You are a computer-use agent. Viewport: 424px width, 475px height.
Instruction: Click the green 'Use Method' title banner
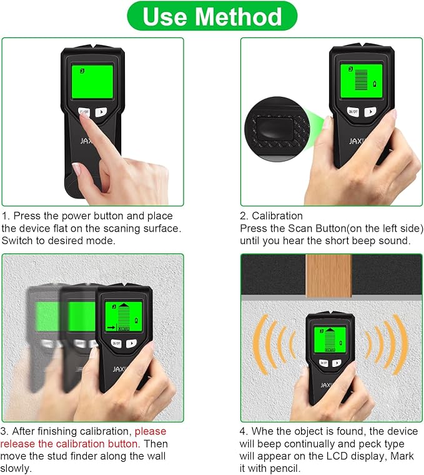(212, 16)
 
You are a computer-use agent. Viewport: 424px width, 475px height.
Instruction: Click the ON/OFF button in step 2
(353, 112)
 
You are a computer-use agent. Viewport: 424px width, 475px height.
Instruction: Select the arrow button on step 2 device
(373, 112)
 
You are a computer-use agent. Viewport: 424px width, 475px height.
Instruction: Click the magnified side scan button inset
(274, 127)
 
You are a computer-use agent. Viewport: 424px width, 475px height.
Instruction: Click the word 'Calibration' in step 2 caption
(277, 216)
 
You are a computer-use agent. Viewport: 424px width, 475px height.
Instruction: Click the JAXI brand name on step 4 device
(328, 384)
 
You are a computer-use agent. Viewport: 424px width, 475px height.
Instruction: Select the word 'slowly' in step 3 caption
(15, 468)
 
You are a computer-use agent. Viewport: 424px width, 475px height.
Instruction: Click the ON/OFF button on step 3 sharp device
(116, 343)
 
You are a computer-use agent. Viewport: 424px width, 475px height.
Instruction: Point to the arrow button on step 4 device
(338, 362)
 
